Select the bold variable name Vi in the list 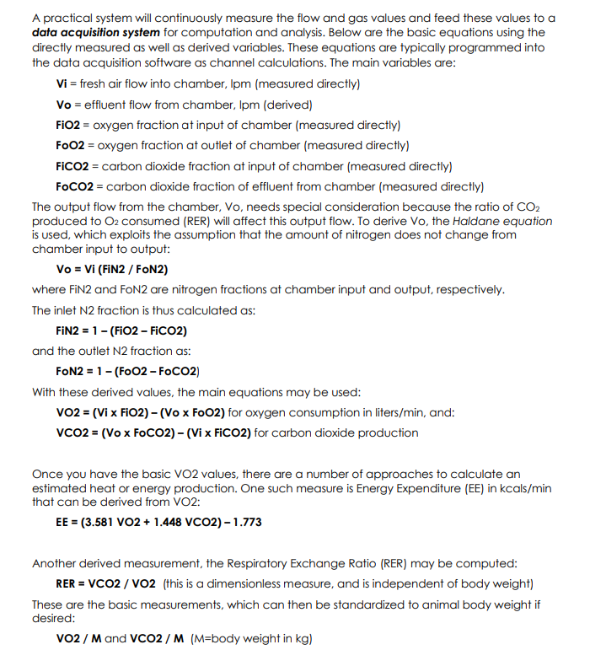coord(61,84)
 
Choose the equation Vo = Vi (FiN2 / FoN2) coord(111,269)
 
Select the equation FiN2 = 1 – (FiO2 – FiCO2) coord(121,330)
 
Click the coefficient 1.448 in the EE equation coord(170,522)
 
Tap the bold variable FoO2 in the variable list coord(70,145)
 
